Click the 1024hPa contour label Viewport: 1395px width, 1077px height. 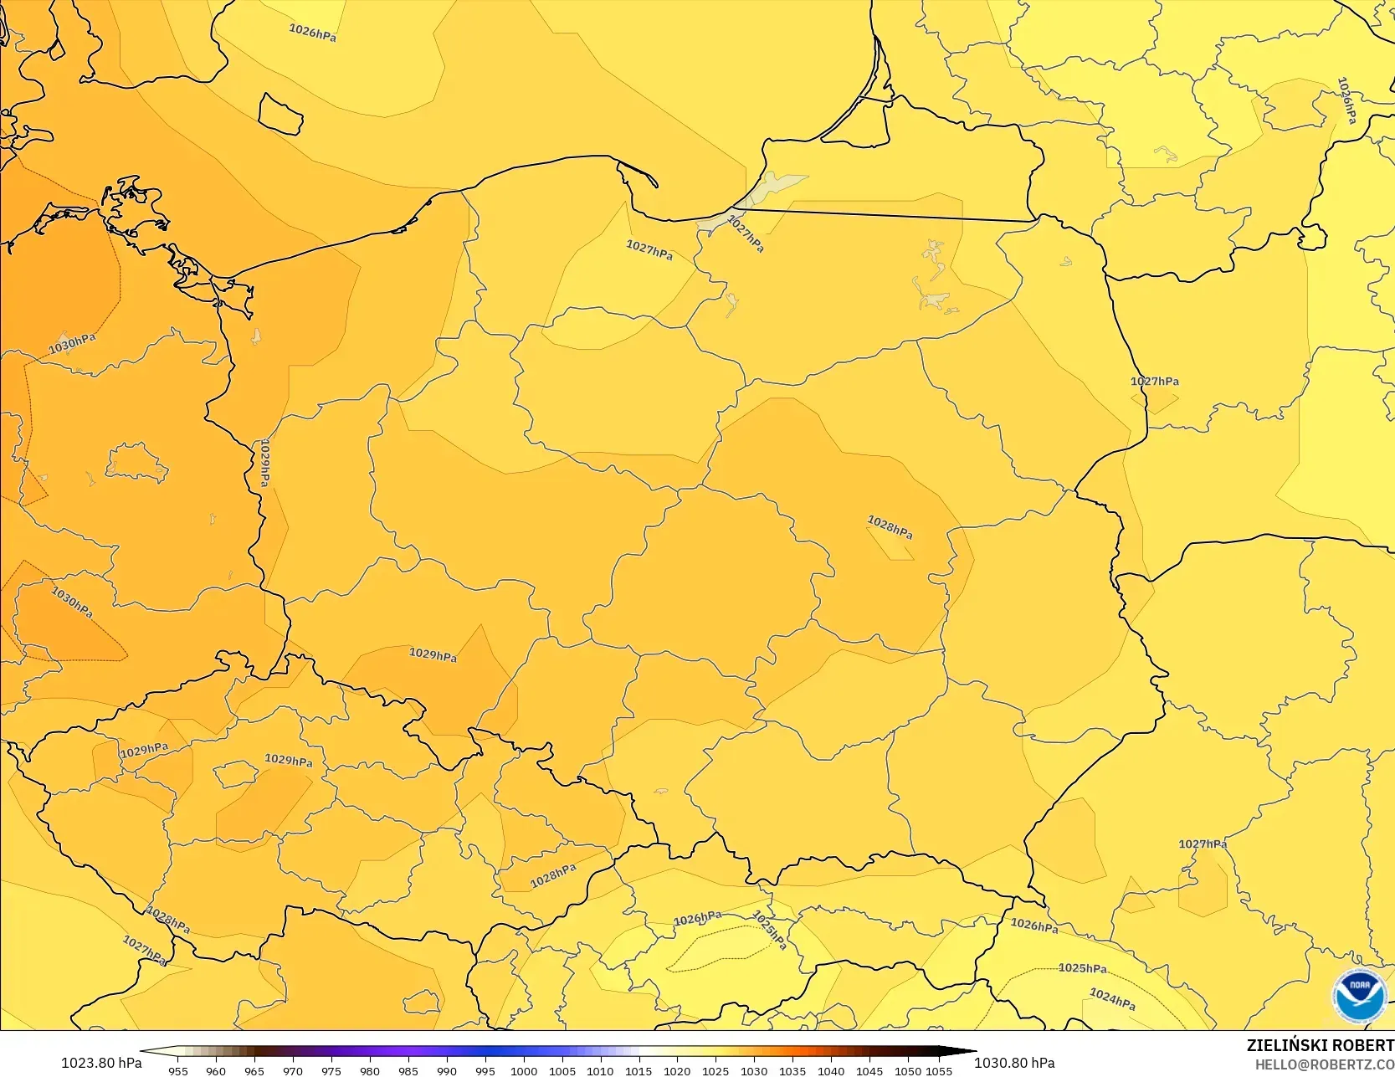(x=1112, y=999)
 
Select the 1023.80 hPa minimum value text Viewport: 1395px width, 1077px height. (x=101, y=1063)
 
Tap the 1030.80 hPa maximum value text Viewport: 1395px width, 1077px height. (x=1014, y=1063)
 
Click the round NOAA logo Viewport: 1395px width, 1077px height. (x=1360, y=996)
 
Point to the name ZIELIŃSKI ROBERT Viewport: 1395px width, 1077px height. (x=1320, y=1045)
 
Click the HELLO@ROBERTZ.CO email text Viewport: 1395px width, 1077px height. (x=1324, y=1064)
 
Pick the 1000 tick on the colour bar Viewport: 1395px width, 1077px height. (x=524, y=1070)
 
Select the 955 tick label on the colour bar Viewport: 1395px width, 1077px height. (x=178, y=1070)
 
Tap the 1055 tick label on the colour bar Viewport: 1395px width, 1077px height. (x=939, y=1070)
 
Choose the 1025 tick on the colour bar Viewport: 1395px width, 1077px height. (x=715, y=1070)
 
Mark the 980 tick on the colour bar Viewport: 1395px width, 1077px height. (x=370, y=1070)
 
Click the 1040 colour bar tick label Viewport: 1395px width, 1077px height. (x=831, y=1070)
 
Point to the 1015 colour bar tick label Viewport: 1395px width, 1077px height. (x=639, y=1070)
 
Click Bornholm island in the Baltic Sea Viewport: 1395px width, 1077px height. (x=280, y=114)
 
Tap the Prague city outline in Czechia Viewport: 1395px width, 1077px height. (x=235, y=773)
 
